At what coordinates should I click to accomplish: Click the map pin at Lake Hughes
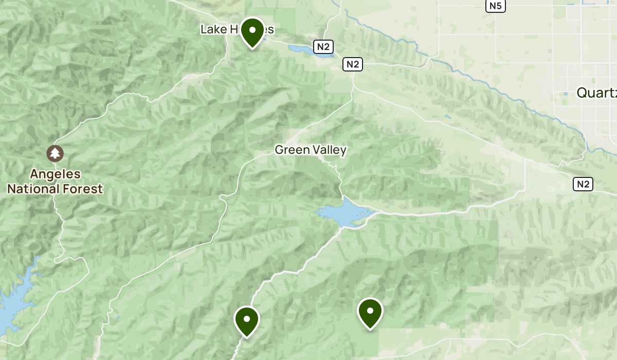pyautogui.click(x=252, y=31)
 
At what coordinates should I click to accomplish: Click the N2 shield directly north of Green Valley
pyautogui.click(x=353, y=64)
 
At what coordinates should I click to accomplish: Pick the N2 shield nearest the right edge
pyautogui.click(x=583, y=184)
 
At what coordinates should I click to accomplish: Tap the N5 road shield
pyautogui.click(x=496, y=6)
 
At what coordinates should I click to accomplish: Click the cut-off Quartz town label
pyautogui.click(x=596, y=93)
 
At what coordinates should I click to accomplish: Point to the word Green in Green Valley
pyautogui.click(x=291, y=150)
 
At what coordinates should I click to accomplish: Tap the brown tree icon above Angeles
pyautogui.click(x=55, y=153)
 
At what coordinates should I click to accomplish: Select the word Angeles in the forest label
pyautogui.click(x=55, y=174)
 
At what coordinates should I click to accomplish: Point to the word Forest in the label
pyautogui.click(x=83, y=189)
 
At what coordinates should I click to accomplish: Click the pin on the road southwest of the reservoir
pyautogui.click(x=247, y=319)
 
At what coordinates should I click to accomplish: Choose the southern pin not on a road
pyautogui.click(x=370, y=311)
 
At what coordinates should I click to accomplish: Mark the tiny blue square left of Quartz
pyautogui.click(x=566, y=94)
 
